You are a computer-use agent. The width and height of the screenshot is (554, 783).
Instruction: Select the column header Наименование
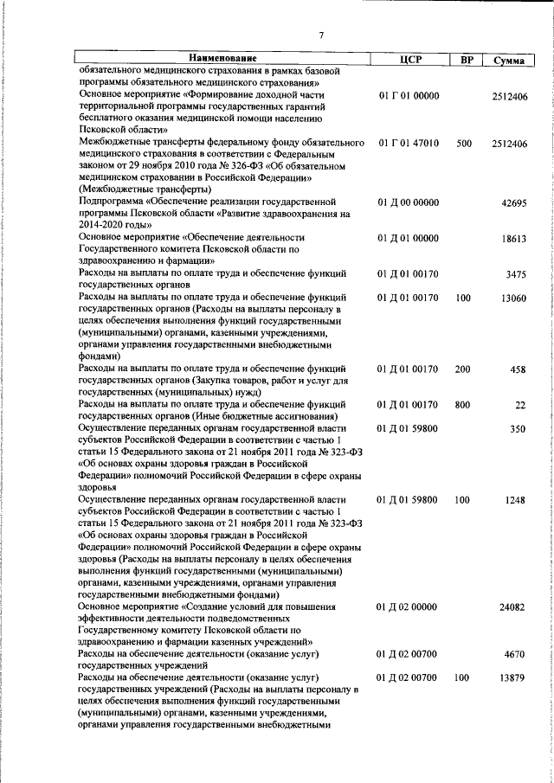pyautogui.click(x=220, y=59)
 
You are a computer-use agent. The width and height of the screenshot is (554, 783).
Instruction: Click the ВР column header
pyautogui.click(x=466, y=60)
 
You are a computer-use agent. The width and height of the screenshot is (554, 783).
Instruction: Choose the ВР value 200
pyautogui.click(x=463, y=370)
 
